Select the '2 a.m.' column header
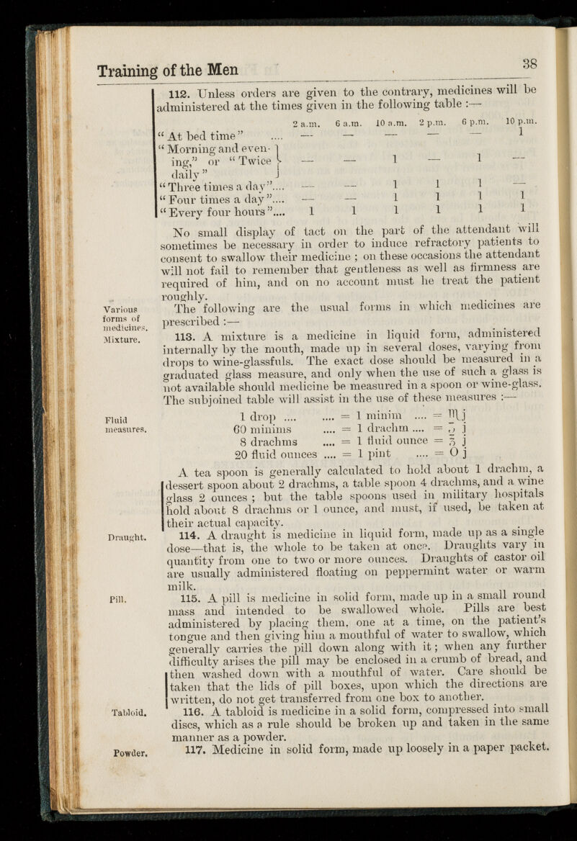coord(310,125)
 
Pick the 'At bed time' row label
coord(209,136)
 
